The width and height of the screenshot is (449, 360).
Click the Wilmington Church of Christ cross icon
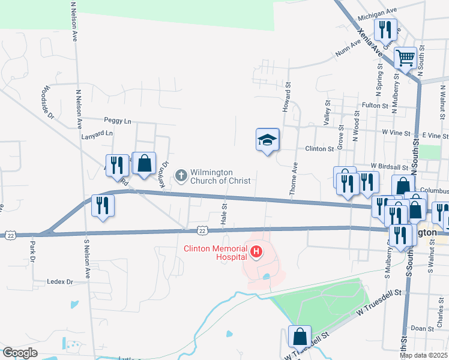click(181, 175)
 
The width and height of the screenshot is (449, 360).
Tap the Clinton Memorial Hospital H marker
click(256, 251)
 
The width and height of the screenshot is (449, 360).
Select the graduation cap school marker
click(268, 140)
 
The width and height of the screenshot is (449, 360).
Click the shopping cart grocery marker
click(406, 59)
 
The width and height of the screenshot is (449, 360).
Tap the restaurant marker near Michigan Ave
click(384, 29)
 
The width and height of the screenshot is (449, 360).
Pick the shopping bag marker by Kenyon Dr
click(144, 163)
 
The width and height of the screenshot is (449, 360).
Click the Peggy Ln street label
click(117, 121)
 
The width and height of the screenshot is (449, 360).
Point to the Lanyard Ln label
click(97, 134)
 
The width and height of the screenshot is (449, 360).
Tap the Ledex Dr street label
click(61, 281)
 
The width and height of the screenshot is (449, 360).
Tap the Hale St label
click(224, 214)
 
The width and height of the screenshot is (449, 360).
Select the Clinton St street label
click(319, 149)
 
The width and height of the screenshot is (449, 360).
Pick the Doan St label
click(422, 329)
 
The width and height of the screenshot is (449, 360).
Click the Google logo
click(20, 353)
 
